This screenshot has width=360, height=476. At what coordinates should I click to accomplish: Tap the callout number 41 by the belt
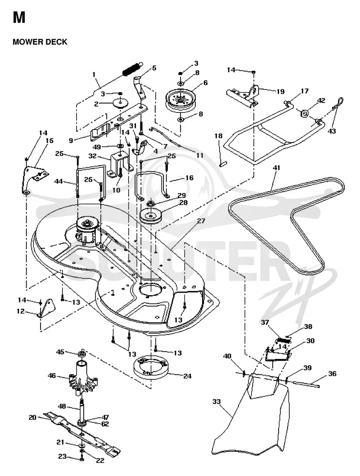pyautogui.click(x=276, y=168)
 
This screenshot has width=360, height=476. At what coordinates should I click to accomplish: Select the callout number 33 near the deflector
pyautogui.click(x=216, y=402)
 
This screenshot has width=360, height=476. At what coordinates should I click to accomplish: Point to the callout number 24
pyautogui.click(x=187, y=376)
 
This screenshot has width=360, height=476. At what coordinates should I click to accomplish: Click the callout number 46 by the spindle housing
pyautogui.click(x=52, y=376)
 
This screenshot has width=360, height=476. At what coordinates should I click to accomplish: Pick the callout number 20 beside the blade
pyautogui.click(x=32, y=418)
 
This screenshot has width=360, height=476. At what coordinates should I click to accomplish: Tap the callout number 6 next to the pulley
pyautogui.click(x=206, y=83)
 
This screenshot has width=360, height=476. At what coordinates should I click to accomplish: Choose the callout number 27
pyautogui.click(x=201, y=221)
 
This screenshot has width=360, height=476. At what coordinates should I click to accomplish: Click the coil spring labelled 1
pyautogui.click(x=132, y=68)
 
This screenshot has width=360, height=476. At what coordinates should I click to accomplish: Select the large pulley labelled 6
pyautogui.click(x=180, y=100)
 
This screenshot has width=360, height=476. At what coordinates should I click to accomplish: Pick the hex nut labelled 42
pyautogui.click(x=305, y=114)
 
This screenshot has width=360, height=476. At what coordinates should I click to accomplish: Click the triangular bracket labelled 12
pyautogui.click(x=47, y=309)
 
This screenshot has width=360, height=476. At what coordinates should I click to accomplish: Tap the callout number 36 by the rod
pyautogui.click(x=333, y=374)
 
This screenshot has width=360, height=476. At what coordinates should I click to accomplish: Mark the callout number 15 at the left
pyautogui.click(x=49, y=140)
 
